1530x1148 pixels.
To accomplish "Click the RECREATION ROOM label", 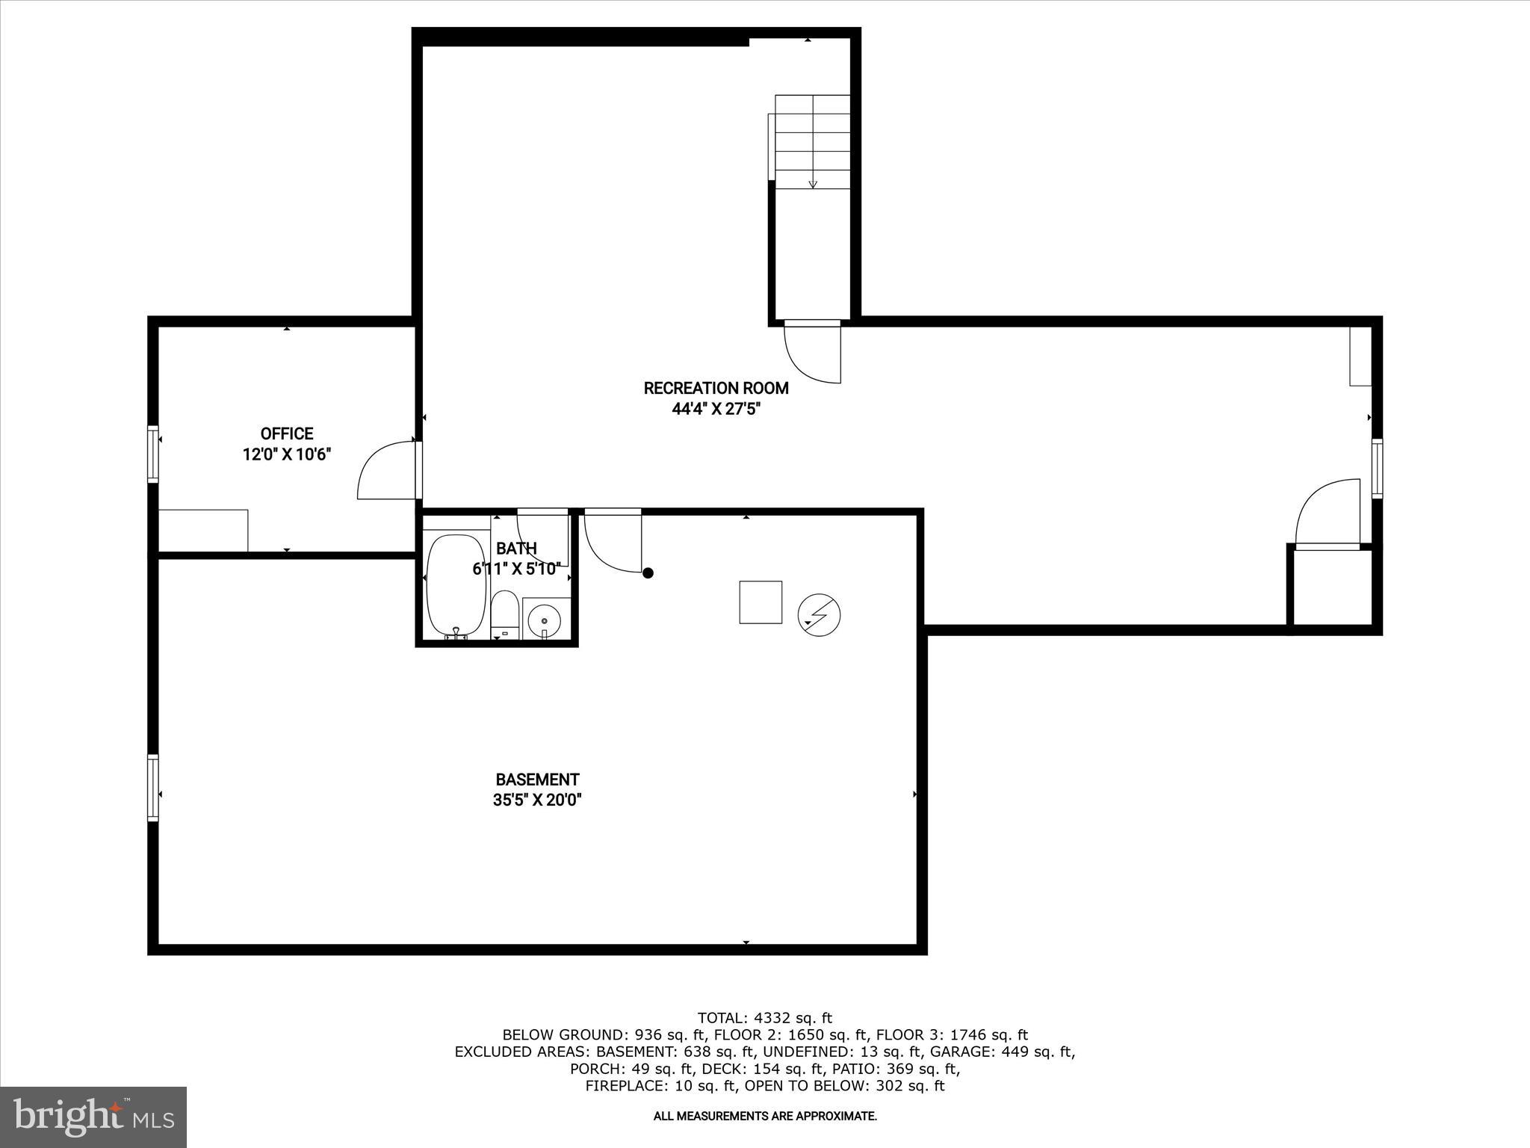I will [716, 388].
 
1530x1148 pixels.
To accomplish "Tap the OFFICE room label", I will [286, 433].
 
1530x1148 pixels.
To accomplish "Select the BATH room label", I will [516, 549].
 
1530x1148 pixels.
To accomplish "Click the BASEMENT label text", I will [537, 780].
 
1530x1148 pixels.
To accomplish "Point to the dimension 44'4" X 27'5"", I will [716, 409].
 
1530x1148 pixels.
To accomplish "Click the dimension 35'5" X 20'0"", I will [537, 800].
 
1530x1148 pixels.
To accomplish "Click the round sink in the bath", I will [545, 619].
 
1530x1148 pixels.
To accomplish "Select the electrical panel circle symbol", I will [819, 615].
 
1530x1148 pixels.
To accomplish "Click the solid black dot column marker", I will [648, 573].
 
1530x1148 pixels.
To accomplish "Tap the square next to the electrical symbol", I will [761, 602].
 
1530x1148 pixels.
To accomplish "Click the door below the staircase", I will [813, 351].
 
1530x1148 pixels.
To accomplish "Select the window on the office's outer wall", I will [153, 454].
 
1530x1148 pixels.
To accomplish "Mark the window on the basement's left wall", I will [153, 788].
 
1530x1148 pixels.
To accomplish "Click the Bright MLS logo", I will [93, 1117].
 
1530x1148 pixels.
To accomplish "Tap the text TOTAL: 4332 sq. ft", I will [764, 1018].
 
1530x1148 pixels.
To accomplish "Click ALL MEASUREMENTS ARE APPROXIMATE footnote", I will [764, 1116].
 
